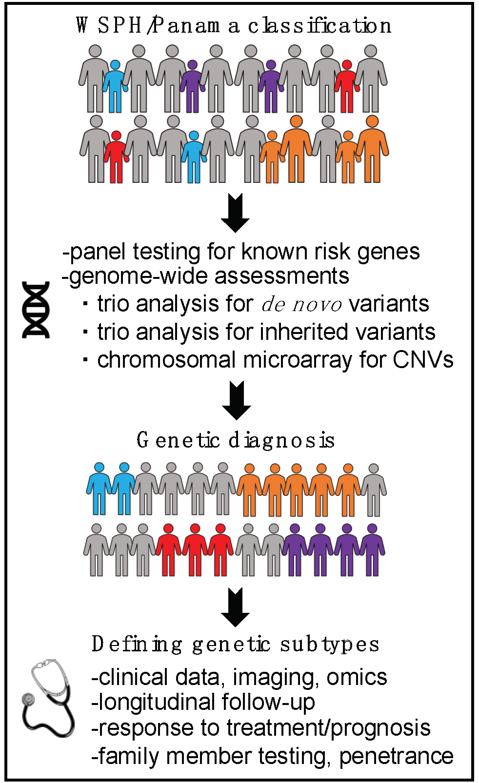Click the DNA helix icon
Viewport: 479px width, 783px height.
[36, 310]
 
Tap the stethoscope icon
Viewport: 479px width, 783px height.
[49, 697]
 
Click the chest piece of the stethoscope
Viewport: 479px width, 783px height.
[28, 699]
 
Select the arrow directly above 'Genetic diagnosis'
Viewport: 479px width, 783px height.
[237, 401]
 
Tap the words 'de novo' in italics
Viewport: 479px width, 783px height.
[301, 305]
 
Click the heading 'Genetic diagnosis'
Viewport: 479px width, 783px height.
[236, 440]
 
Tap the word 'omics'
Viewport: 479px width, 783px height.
[357, 677]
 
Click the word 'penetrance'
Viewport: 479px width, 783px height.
[396, 756]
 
